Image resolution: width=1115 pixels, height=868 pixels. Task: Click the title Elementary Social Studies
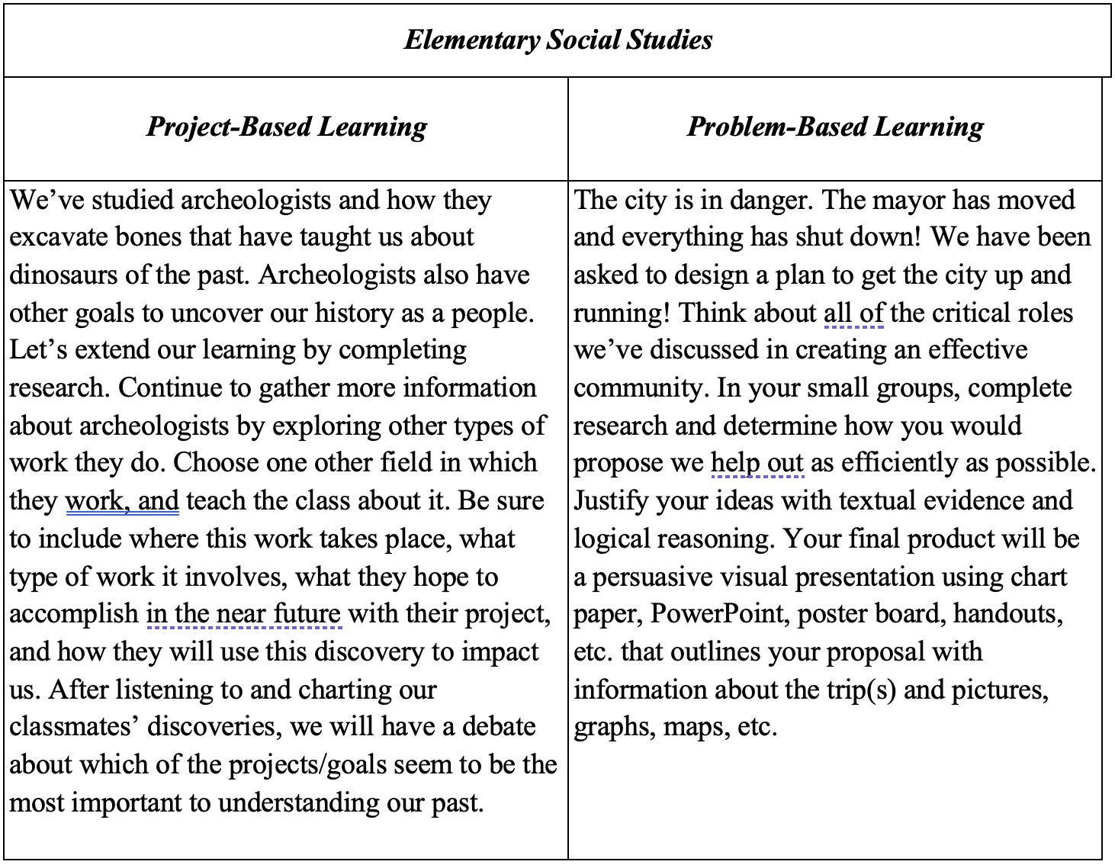coord(557,40)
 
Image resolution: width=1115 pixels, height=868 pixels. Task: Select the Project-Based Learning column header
coord(286,127)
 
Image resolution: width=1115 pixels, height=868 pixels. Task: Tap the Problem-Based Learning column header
coord(835,127)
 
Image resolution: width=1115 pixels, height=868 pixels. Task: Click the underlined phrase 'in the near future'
coord(243,614)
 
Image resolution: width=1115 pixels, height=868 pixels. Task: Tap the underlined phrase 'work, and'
coord(122,501)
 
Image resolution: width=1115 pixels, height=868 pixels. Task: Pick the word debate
coord(499,727)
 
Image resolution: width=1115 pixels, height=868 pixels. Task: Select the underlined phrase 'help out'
coord(757,463)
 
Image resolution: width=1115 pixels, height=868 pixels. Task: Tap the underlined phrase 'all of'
coord(853,313)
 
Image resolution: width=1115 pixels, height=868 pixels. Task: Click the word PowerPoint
coord(719,614)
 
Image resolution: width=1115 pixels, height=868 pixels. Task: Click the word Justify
coord(611,501)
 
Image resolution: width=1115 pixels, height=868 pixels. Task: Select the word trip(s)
coord(861,690)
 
